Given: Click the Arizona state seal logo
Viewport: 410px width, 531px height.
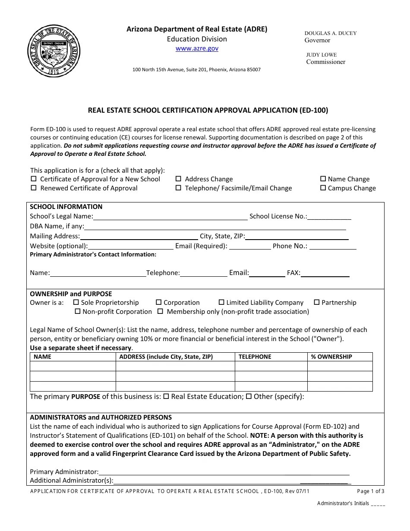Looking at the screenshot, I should [54, 51].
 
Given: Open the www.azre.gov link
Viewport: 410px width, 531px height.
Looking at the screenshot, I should [197, 48].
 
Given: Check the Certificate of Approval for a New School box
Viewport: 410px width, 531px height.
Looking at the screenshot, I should [34, 179].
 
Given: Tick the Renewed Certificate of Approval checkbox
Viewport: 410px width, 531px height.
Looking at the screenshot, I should [34, 188].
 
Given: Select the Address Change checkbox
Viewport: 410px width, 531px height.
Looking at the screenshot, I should [178, 179].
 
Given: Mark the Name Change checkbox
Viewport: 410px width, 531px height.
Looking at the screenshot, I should [323, 179].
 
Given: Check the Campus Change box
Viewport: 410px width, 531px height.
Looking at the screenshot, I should [323, 188].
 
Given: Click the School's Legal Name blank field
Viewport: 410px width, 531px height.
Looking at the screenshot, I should [170, 217].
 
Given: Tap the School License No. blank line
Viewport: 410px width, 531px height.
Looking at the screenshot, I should [329, 217].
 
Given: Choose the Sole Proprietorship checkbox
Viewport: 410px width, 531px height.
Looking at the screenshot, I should [76, 302].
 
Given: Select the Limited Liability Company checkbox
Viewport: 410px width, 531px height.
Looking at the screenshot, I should [221, 302].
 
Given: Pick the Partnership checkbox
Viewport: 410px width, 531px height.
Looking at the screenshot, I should [317, 302].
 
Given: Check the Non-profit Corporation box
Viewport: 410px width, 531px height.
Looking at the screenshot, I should [78, 311].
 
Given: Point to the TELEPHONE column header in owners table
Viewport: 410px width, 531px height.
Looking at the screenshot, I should [255, 357].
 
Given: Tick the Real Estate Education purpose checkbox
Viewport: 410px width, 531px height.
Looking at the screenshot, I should [166, 396].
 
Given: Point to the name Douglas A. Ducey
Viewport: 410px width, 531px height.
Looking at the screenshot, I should [331, 33].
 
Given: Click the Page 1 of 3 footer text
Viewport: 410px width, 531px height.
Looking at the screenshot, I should [371, 491].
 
